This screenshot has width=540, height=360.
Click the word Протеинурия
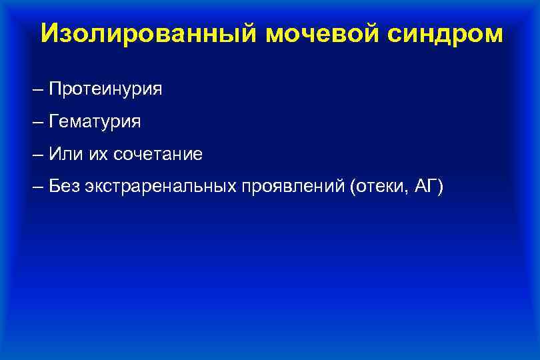tap(105, 89)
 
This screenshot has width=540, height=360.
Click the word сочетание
tap(158, 155)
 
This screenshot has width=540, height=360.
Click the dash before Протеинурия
tap(37, 89)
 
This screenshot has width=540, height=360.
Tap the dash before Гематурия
tap(37, 122)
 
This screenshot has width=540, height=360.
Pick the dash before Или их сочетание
tap(37, 155)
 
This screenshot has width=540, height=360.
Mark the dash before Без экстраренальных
tap(37, 187)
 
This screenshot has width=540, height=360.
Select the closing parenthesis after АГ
tap(439, 187)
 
